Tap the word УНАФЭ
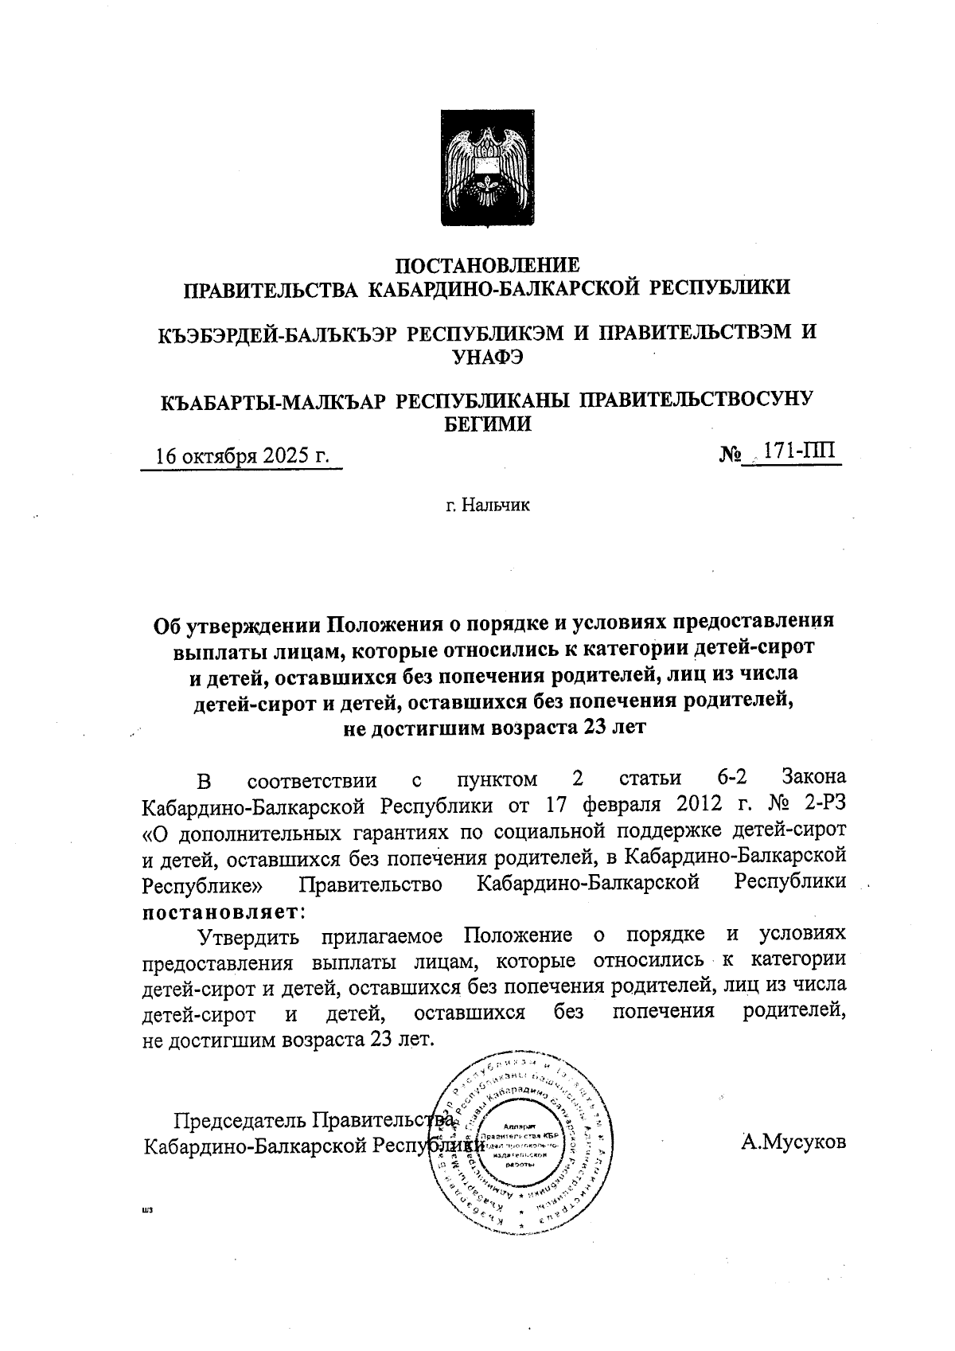(487, 356)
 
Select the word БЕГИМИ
(487, 424)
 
